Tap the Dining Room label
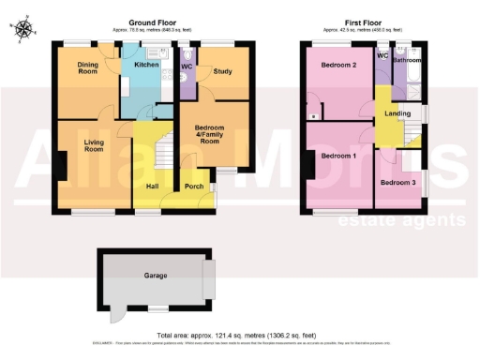coord(87,67)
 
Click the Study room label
coord(222,68)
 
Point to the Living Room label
coord(94,146)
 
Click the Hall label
coord(152,187)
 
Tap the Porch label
coord(193,187)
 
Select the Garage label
coord(155,277)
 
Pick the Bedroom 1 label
coord(338,155)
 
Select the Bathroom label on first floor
coord(409,60)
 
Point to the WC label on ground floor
coord(186,67)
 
